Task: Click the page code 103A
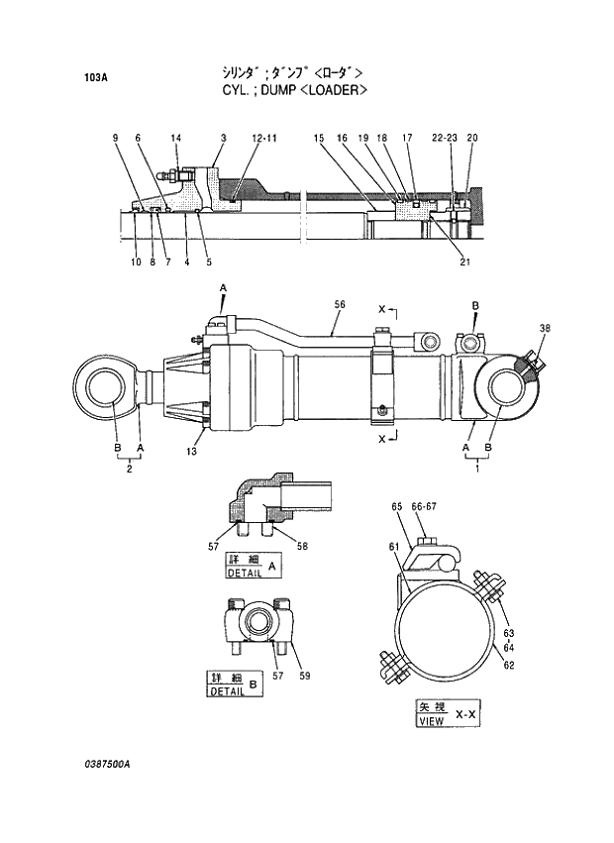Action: point(95,76)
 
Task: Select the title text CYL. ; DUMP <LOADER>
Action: point(295,89)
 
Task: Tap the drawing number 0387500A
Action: point(107,766)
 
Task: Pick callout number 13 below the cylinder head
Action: point(191,452)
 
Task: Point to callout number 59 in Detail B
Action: point(305,677)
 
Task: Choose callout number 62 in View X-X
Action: point(509,666)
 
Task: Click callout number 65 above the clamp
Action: point(397,507)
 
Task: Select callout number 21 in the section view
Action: point(464,263)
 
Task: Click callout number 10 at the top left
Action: point(135,263)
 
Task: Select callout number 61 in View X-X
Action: point(392,546)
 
